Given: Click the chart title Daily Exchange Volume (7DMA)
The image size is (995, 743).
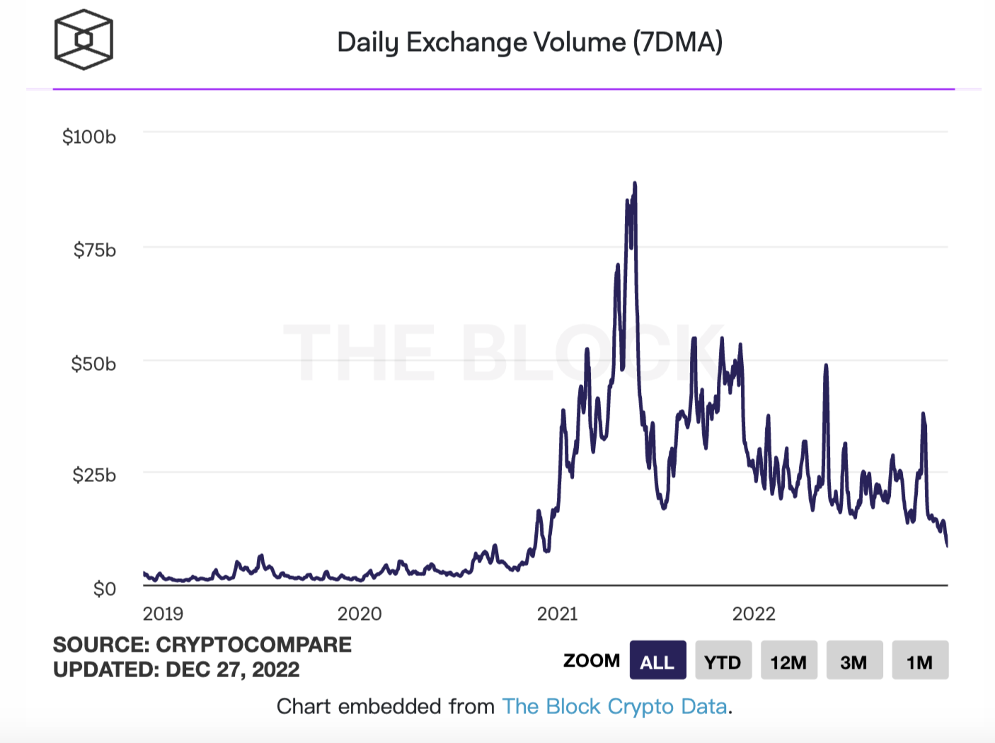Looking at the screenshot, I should (529, 42).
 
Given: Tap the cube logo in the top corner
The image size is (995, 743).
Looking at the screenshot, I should (84, 40).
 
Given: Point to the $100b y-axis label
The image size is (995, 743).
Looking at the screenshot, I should (89, 137).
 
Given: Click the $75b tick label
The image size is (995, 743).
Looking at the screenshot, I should (94, 250).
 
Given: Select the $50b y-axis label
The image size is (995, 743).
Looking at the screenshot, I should (93, 364).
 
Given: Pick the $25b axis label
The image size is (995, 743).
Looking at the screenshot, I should (93, 475).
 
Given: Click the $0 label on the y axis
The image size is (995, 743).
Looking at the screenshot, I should (104, 589).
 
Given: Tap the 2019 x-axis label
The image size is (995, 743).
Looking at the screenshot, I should (163, 614).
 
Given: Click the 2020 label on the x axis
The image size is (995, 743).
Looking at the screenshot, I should (360, 614).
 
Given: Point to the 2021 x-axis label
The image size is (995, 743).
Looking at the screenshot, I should (558, 614).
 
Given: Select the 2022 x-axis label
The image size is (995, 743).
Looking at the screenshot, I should (754, 614).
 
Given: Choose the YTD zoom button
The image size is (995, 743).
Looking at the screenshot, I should (723, 661).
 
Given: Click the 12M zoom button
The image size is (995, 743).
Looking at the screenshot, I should (788, 661).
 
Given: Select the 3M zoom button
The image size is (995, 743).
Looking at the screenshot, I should (853, 661).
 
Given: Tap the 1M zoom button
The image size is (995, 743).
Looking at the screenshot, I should (919, 661).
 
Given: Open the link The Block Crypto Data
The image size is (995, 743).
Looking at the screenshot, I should (614, 706).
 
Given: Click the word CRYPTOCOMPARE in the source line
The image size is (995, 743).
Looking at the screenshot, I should (253, 645).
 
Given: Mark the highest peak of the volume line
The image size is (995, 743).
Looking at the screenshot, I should (635, 183).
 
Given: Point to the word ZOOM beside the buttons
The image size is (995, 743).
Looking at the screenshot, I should (591, 661).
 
